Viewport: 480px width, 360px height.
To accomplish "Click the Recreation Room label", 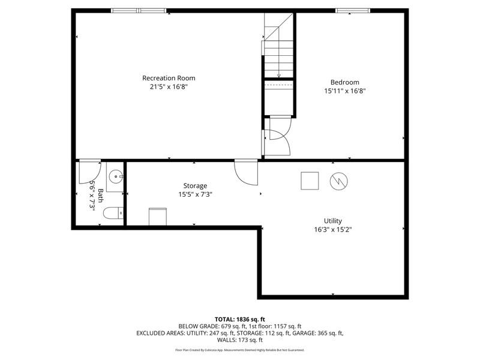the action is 169,78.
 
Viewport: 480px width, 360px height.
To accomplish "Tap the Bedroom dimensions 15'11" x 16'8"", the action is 345,91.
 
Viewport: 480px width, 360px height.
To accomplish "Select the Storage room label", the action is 195,186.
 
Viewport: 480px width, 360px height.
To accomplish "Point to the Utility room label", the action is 333,221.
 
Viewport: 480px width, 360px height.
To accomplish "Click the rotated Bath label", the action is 100,196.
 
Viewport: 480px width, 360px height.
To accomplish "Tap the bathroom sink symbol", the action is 115,176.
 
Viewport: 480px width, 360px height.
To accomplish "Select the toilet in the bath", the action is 113,213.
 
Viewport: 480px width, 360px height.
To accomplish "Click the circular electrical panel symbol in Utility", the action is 338,181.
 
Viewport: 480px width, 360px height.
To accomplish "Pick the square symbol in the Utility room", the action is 310,181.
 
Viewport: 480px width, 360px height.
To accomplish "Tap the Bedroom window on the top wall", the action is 353,11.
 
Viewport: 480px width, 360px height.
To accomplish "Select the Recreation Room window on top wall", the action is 139,11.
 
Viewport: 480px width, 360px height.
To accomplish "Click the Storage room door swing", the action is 246,172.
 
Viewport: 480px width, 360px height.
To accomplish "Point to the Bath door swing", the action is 89,172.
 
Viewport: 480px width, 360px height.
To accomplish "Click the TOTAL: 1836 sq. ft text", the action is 239,320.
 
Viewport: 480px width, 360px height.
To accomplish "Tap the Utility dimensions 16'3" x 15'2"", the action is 333,230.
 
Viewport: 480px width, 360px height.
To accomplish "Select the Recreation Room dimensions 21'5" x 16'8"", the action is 169,86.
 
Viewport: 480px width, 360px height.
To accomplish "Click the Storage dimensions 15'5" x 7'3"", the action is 196,194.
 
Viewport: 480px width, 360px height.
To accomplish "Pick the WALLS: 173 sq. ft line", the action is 239,340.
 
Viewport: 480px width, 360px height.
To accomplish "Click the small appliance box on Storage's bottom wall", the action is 158,217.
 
